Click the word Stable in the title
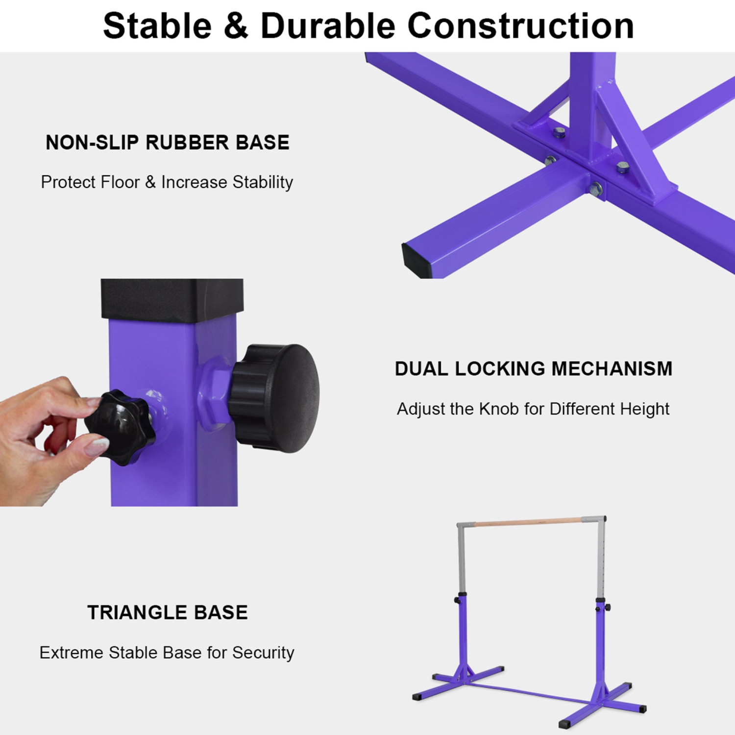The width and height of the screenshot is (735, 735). pyautogui.click(x=157, y=25)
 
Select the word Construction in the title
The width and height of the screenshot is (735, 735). pyautogui.click(x=520, y=25)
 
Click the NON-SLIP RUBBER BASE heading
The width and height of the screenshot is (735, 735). pyautogui.click(x=167, y=143)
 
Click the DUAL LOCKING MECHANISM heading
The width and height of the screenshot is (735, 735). pyautogui.click(x=533, y=368)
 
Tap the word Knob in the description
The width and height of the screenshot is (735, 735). pyautogui.click(x=499, y=409)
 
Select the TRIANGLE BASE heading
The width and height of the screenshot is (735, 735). pyautogui.click(x=168, y=612)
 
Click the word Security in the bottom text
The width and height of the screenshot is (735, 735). pyautogui.click(x=263, y=653)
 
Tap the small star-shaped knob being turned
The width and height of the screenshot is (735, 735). pyautogui.click(x=121, y=426)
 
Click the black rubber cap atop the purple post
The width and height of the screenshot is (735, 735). pyautogui.click(x=172, y=299)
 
